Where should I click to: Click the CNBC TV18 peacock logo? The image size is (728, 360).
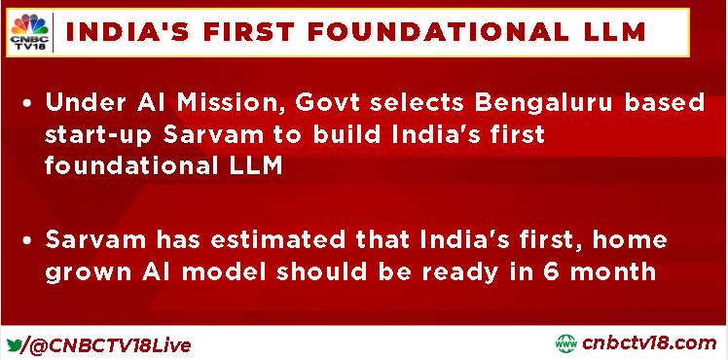29,31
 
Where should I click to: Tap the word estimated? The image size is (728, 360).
280,240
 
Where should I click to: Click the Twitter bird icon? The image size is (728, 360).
15,345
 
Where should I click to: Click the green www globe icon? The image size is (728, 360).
566,343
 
